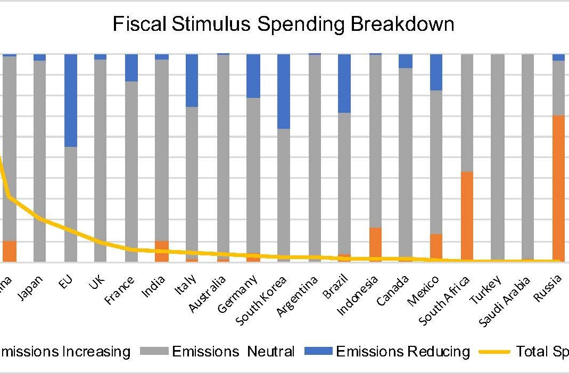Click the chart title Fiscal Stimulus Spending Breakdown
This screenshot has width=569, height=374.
283,24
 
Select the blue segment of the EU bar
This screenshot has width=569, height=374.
71,100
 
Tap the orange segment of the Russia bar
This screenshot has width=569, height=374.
558,188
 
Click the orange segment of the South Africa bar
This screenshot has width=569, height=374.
467,216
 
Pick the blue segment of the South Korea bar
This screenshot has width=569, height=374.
284,91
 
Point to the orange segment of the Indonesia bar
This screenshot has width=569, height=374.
375,244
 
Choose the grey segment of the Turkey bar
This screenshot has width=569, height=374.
497,157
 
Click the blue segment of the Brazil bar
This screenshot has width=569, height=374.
344,83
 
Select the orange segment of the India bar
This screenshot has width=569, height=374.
162,251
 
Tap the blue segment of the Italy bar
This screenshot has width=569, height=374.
192,80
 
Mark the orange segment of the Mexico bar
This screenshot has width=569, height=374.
436,247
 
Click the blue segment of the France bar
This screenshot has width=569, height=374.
131,68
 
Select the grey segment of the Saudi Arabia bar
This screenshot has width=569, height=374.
527,157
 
